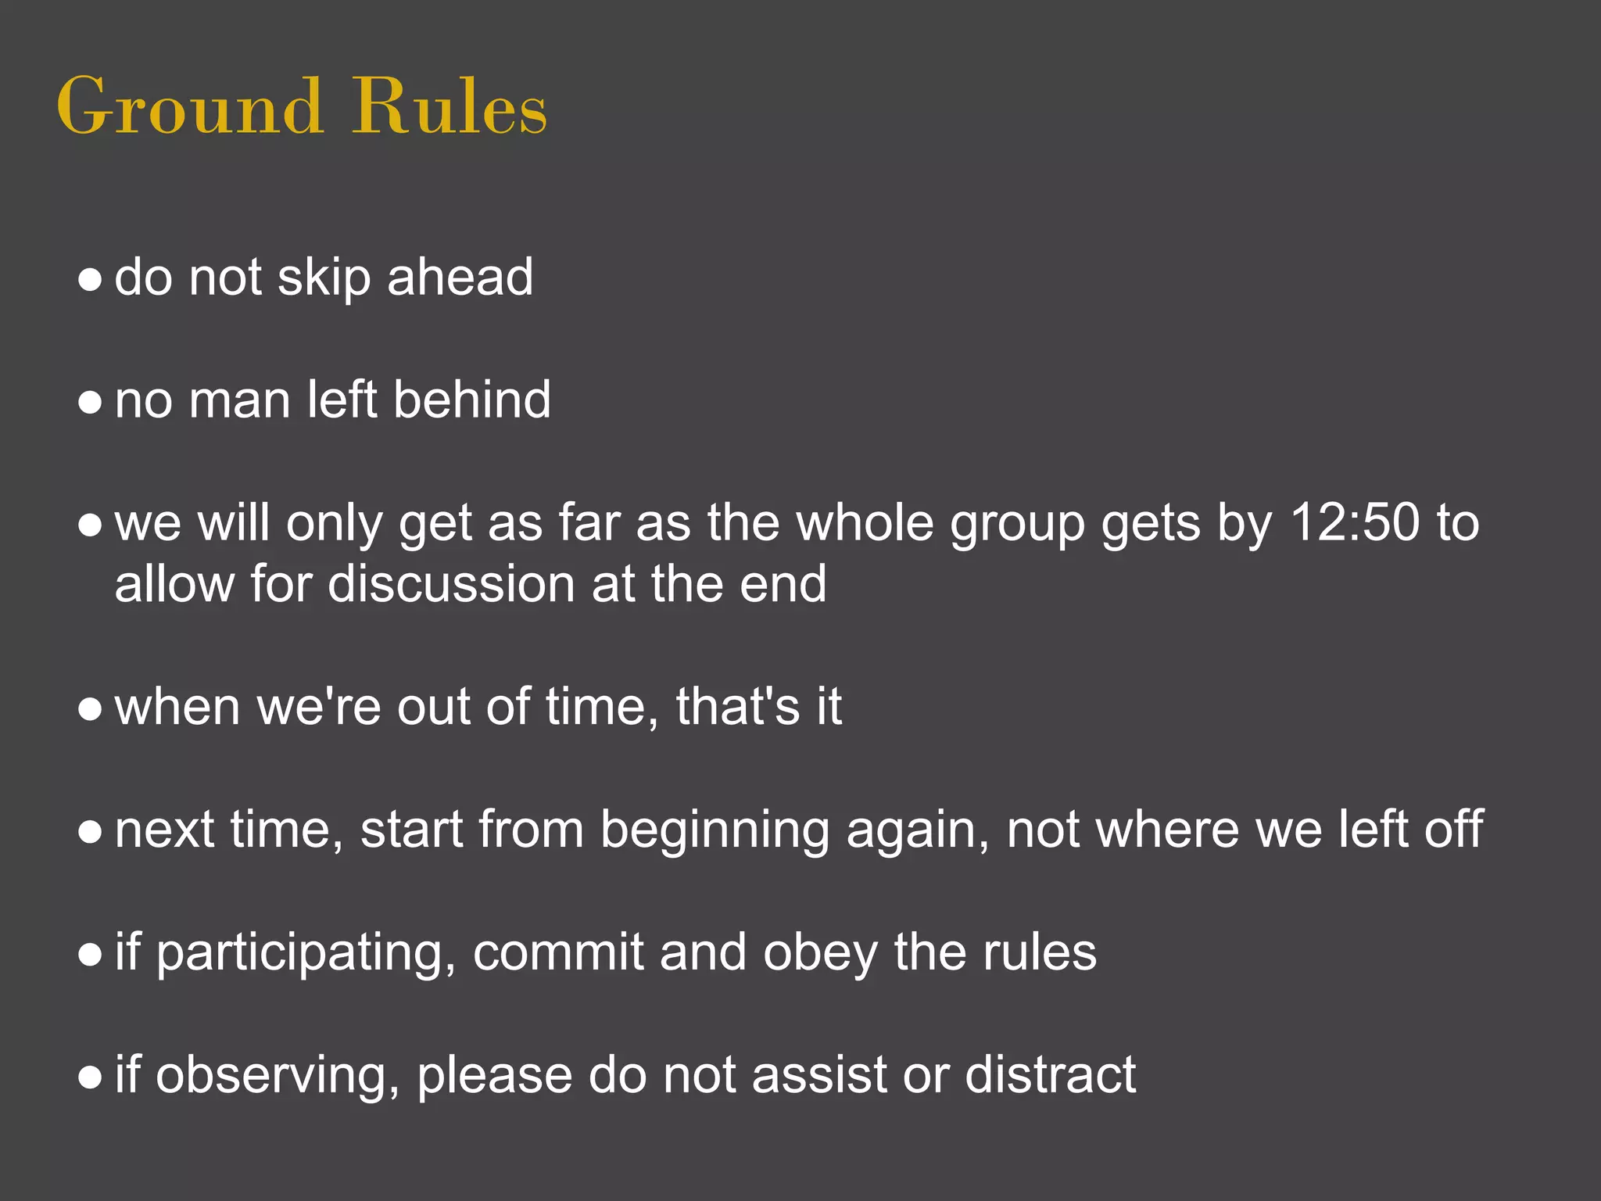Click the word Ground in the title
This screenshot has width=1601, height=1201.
click(189, 106)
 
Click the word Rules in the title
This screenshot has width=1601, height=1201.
click(449, 106)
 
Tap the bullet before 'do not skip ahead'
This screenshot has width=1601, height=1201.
click(91, 280)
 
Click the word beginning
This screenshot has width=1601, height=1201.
click(715, 831)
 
